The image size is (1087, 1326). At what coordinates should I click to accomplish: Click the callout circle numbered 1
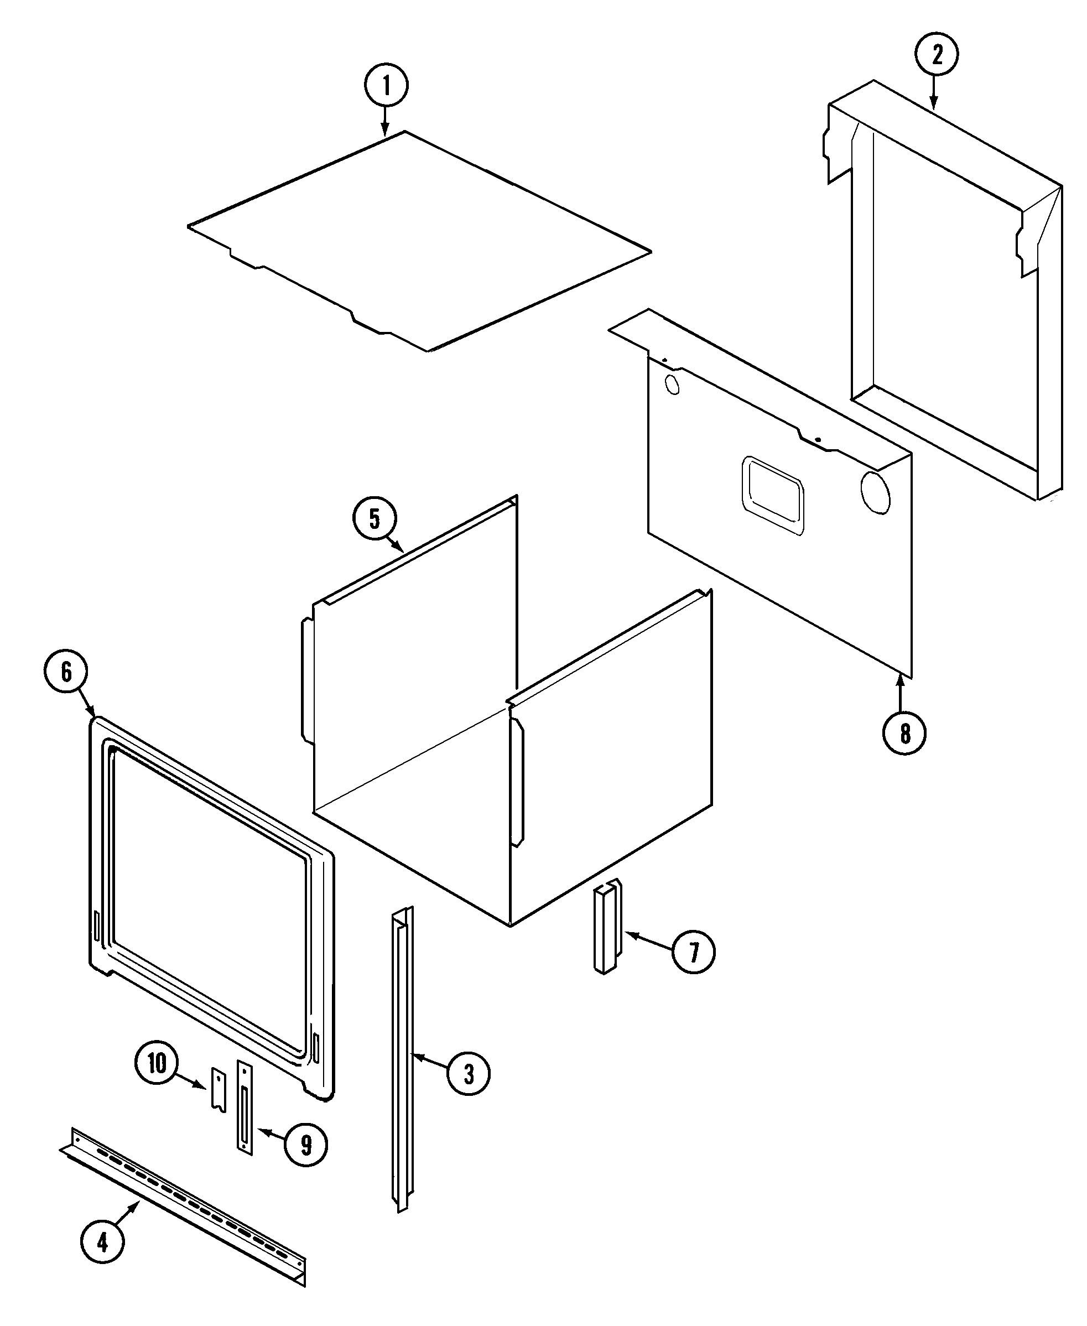[x=386, y=86]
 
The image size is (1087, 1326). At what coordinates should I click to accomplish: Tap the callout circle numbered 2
[x=937, y=55]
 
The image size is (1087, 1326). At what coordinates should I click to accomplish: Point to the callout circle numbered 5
[x=375, y=518]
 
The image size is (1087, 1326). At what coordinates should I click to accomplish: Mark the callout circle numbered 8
[x=904, y=733]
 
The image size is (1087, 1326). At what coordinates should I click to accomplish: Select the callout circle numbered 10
[x=157, y=1063]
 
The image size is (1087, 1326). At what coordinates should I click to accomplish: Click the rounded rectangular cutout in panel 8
[x=773, y=496]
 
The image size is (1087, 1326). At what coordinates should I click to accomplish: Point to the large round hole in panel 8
[x=875, y=492]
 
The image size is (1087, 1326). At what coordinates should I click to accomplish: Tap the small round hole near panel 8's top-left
[x=672, y=384]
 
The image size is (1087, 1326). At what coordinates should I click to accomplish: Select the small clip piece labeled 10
[x=218, y=1090]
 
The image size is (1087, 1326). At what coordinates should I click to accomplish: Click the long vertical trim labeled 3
[x=402, y=1058]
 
